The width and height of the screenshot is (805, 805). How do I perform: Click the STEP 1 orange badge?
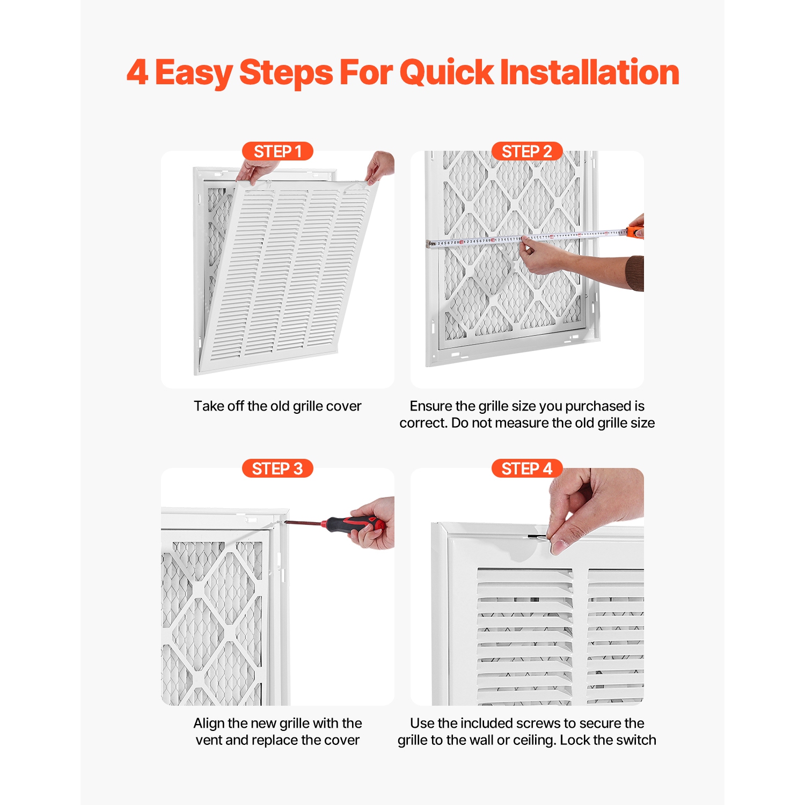(x=277, y=151)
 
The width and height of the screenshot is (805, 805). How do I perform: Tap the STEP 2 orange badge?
(x=527, y=151)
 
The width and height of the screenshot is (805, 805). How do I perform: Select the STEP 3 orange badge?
(x=277, y=469)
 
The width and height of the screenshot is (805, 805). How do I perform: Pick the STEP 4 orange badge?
(x=527, y=469)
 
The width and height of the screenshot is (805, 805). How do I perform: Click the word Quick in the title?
(x=447, y=73)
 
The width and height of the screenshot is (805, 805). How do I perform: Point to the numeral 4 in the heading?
(x=137, y=73)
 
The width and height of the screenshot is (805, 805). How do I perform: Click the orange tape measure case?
(x=635, y=232)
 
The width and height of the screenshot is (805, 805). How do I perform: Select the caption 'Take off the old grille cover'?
(x=277, y=406)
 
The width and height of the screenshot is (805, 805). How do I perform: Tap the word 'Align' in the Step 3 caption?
(x=209, y=723)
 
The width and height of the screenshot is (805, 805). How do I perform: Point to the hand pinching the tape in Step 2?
(x=542, y=258)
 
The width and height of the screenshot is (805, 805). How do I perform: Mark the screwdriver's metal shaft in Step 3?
(x=303, y=522)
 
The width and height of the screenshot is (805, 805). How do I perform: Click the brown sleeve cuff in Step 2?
(x=636, y=273)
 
